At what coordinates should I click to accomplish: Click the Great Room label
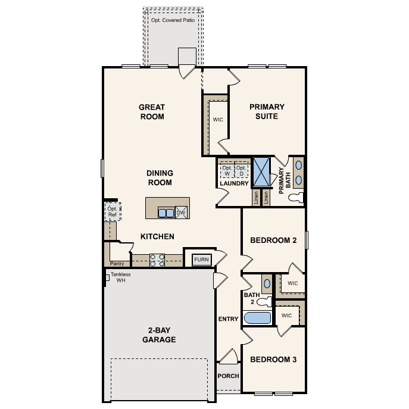point(152,112)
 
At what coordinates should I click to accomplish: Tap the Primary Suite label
point(267,111)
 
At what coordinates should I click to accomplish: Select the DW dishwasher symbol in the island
point(181,213)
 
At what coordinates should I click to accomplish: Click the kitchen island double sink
point(166,213)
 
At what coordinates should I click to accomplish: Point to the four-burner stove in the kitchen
point(157,260)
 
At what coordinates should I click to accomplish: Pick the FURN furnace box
point(202,260)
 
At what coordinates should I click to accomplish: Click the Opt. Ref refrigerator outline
point(113,211)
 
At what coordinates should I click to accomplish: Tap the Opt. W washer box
point(227,171)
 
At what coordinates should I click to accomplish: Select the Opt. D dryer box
point(242,171)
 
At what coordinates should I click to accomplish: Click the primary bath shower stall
point(261,172)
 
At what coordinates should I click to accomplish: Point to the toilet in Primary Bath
point(296,198)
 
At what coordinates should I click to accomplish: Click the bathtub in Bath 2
point(257,318)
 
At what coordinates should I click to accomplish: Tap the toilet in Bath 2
point(264,302)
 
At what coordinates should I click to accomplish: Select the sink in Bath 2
point(267,283)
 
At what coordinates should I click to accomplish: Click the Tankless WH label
point(120,277)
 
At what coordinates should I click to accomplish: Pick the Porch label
point(228,376)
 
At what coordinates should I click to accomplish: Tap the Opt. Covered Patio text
point(173,20)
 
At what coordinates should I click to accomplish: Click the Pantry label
point(117,264)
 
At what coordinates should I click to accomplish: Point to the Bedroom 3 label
point(273,360)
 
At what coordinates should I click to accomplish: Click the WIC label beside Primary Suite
point(218,120)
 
